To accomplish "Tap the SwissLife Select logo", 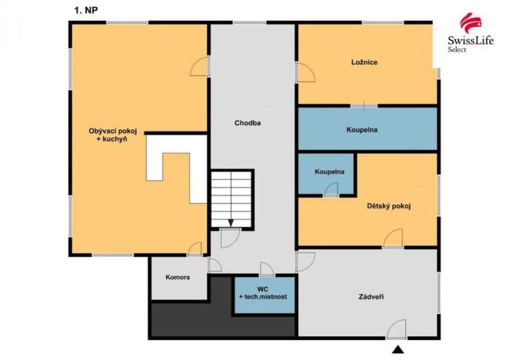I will (x=466, y=32).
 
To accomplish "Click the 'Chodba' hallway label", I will (x=248, y=122).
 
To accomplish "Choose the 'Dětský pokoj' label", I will (x=388, y=205).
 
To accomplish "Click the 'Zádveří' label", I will (x=372, y=297).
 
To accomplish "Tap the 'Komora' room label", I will (x=178, y=276).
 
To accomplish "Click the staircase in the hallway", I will (x=232, y=195).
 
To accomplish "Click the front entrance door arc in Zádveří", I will (x=398, y=329).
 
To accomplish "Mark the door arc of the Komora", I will (x=215, y=265).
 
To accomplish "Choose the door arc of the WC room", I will (x=266, y=268).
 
